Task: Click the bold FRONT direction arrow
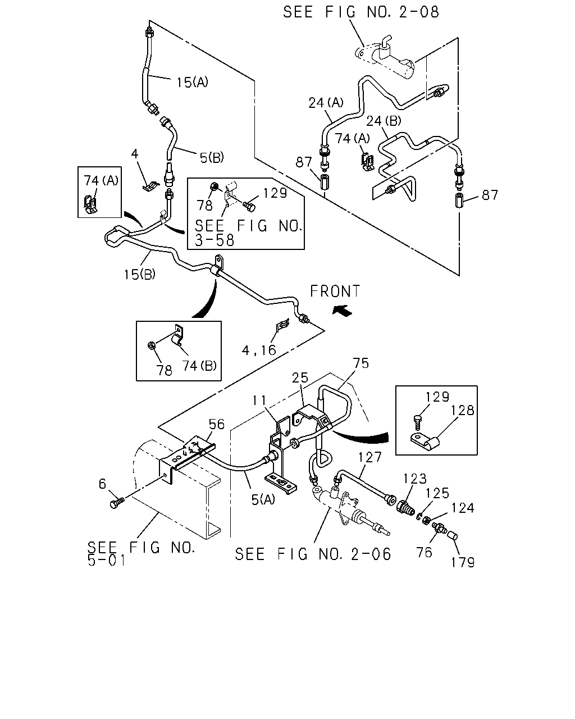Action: pos(342,311)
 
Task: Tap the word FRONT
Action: pos(335,291)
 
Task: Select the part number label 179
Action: pos(463,563)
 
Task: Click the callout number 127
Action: pos(370,457)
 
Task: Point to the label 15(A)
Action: pos(192,82)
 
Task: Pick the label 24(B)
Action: pos(384,121)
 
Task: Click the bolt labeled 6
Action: pos(116,503)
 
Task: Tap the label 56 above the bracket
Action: pos(217,424)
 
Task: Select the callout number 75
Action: pos(361,363)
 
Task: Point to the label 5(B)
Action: pos(212,157)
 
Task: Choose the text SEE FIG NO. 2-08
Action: pos(361,12)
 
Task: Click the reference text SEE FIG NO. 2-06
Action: pos(313,554)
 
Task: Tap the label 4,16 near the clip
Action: pos(259,350)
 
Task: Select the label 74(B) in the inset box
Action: pos(199,366)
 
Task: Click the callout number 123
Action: pos(414,479)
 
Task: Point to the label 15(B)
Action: pos(140,275)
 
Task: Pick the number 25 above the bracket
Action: pos(300,377)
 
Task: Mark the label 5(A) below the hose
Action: pos(263,499)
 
